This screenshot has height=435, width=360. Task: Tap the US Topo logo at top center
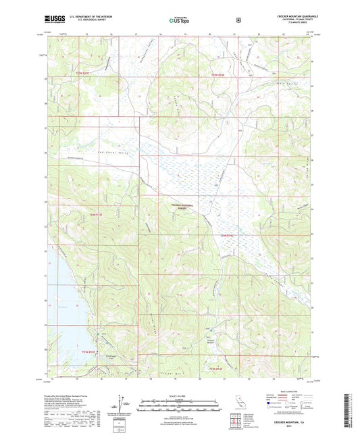tap(178, 20)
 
